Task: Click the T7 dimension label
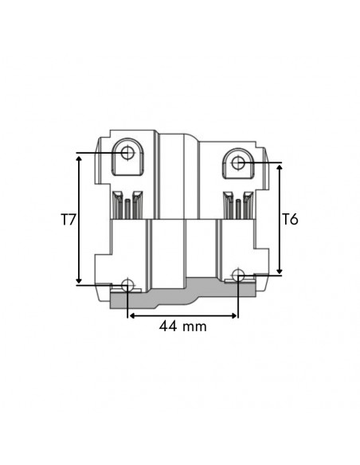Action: point(68,218)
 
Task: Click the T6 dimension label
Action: point(291,218)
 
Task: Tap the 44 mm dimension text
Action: point(182,326)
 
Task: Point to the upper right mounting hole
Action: point(238,162)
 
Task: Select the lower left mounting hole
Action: point(127,286)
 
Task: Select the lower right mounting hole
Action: point(237,276)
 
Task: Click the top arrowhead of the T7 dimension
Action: point(79,157)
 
